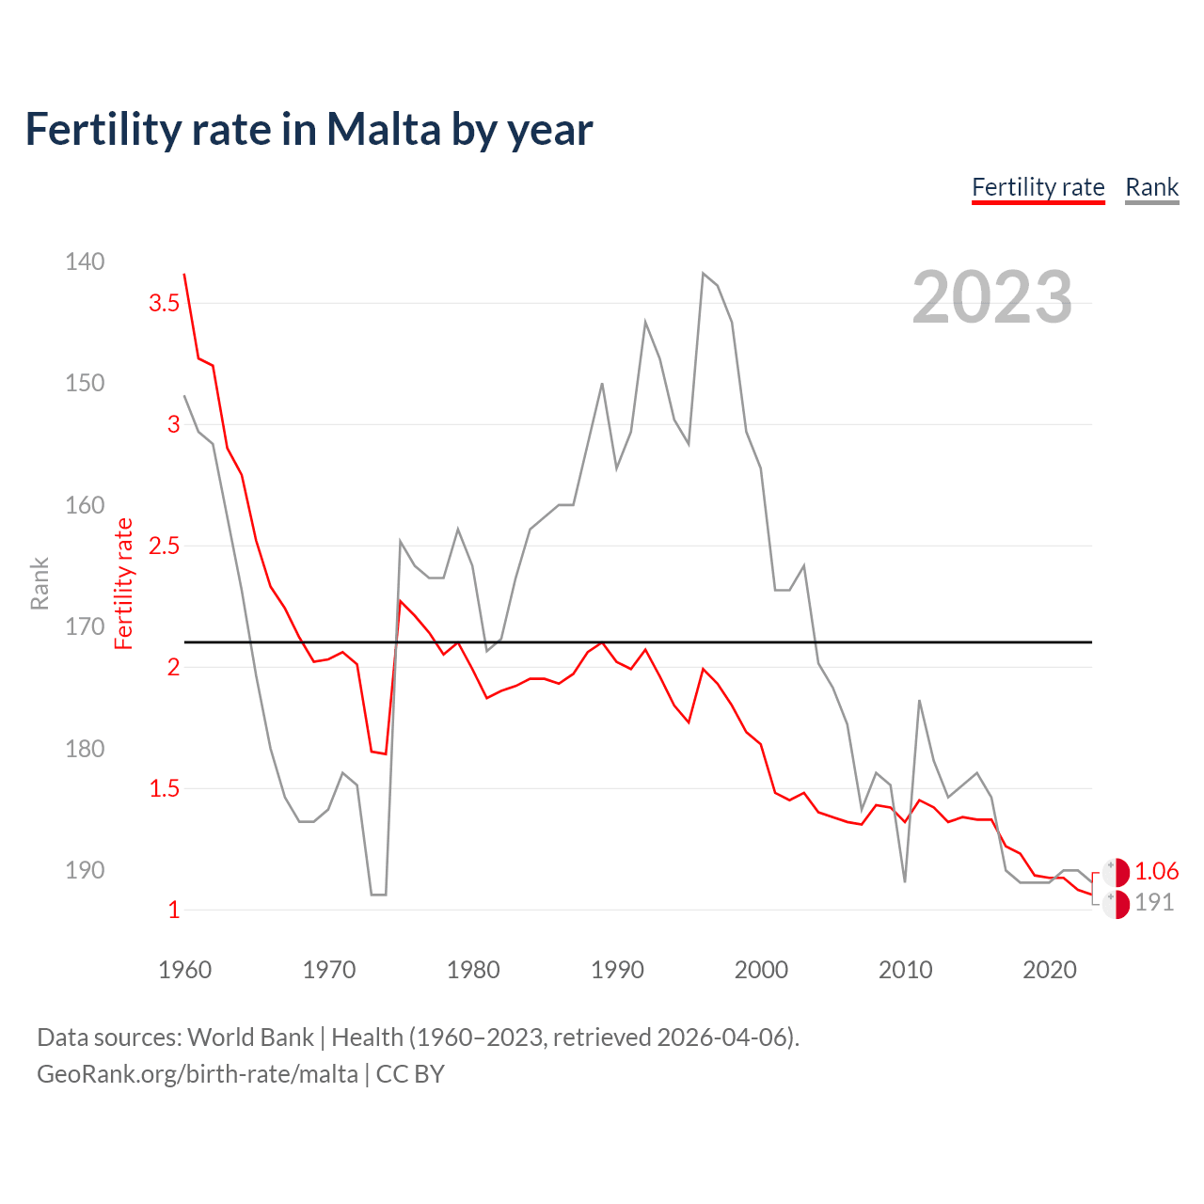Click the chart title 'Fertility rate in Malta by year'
pos(309,130)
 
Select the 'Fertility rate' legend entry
pos(1038,187)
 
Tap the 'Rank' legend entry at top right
pos(1151,187)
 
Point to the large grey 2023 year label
pos(991,297)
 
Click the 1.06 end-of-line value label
pos(1156,872)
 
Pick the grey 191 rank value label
pos(1154,903)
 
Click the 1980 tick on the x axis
pos(473,970)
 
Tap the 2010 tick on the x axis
pos(905,970)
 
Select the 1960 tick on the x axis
pos(185,970)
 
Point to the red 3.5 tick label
pos(164,303)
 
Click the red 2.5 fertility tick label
pos(164,546)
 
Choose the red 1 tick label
pos(173,910)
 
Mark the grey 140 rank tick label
pos(85,261)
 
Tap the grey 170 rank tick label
pos(85,626)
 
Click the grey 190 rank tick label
pos(85,870)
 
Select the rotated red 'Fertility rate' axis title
pos(124,583)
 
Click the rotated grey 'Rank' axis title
pos(40,583)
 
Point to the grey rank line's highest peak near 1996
pos(703,274)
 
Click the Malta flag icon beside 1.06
pos(1116,872)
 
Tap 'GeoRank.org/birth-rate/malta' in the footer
pos(198,1074)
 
